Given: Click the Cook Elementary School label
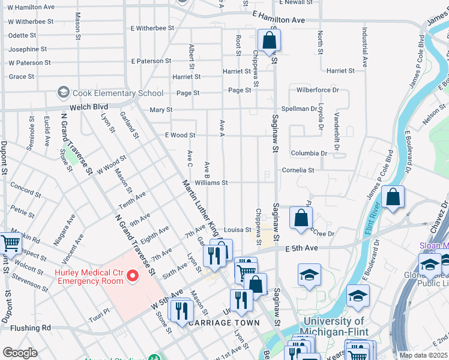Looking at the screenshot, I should coord(118,93).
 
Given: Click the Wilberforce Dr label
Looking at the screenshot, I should coord(318,90).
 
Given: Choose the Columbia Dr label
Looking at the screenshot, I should coord(309,153).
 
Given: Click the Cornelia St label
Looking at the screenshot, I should coord(298,170).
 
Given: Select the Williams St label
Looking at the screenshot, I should coord(211,182).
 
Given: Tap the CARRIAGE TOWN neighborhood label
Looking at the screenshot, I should coord(224,323).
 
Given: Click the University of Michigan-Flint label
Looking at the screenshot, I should coord(334,329).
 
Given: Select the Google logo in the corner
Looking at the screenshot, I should coord(20,352).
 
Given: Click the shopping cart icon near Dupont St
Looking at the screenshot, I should coord(11,244).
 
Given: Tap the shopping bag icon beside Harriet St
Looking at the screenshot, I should coord(270,41).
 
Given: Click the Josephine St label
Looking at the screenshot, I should coord(28,49).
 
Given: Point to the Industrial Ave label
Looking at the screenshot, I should coord(364,46).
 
